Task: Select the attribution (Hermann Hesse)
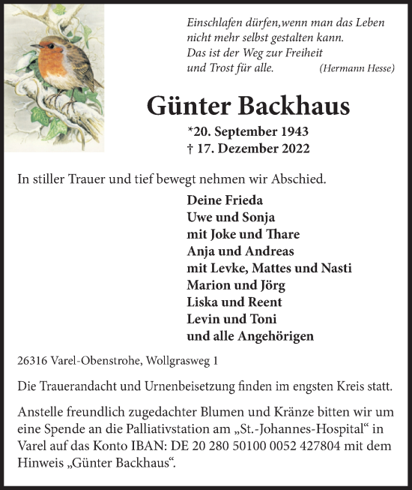coord(357,68)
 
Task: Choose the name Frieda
coord(243,201)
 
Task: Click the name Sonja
coord(255,218)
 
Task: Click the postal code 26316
coord(31,361)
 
